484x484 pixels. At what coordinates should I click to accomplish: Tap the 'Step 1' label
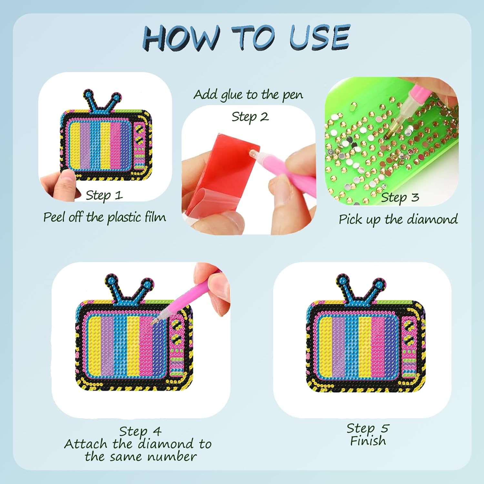coord(104,195)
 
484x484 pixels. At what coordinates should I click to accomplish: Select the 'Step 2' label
coord(250,117)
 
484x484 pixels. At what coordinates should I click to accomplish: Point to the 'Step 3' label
coord(400,197)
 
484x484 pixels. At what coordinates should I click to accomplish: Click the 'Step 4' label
coord(140,431)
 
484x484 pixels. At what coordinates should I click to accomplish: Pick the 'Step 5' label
coord(368,429)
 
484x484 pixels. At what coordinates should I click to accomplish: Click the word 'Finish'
coord(368,441)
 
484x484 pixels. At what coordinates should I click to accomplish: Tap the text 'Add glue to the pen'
coord(248,95)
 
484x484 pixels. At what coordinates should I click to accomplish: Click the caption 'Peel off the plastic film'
coord(105,217)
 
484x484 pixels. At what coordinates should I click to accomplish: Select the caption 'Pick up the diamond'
coord(398,219)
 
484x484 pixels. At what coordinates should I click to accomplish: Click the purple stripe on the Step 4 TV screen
coord(106,347)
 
